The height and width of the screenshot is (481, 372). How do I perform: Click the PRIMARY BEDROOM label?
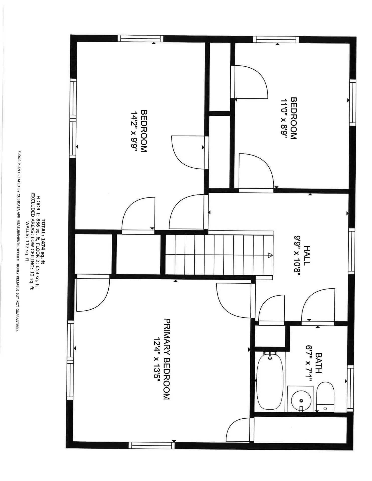[167, 359]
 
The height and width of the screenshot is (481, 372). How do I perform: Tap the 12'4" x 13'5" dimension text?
[157, 359]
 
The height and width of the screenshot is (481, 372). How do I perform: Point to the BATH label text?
[318, 363]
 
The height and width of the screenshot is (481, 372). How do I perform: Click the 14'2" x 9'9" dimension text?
[134, 131]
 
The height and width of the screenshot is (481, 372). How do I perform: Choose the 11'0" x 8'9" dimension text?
[284, 118]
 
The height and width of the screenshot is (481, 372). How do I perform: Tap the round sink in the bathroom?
[301, 400]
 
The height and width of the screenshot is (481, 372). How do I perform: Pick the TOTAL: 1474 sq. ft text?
[43, 242]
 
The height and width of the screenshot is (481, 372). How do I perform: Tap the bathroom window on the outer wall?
[350, 388]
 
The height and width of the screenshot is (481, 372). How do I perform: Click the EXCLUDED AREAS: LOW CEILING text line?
[33, 242]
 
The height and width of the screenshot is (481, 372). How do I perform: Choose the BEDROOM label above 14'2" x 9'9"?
[144, 131]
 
